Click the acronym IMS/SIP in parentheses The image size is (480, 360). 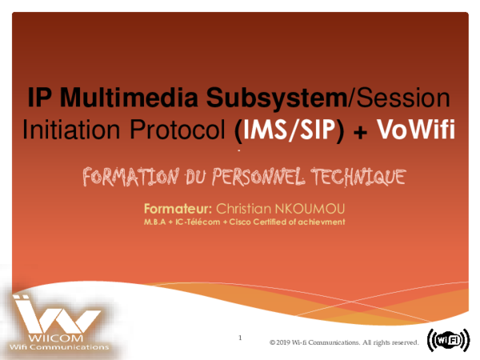pyautogui.click(x=293, y=129)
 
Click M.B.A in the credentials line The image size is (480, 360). pyautogui.click(x=156, y=221)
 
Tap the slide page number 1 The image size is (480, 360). pyautogui.click(x=240, y=338)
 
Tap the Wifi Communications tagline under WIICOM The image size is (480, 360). pyautogui.click(x=55, y=348)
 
